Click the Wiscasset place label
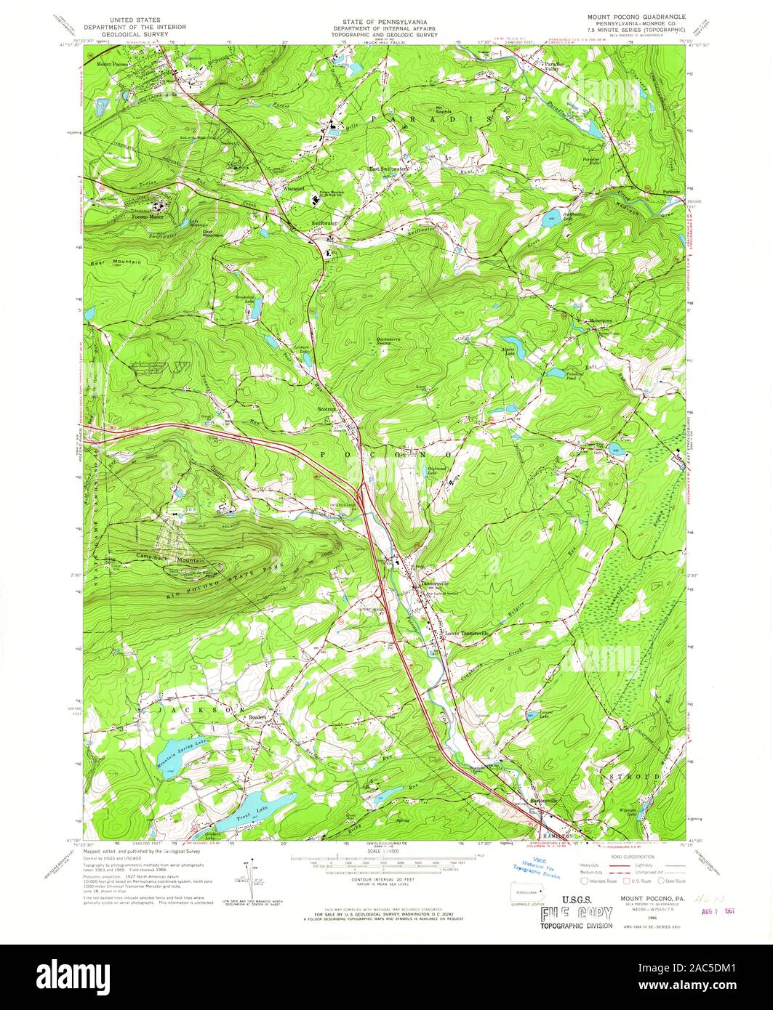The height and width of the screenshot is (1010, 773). coord(293,188)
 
